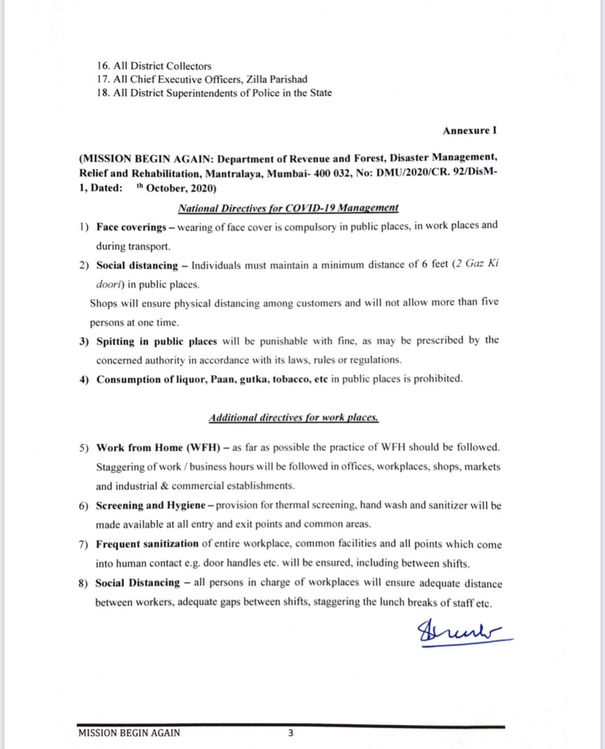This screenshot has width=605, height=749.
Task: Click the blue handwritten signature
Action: (463, 634)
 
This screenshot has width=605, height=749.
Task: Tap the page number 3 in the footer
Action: (291, 732)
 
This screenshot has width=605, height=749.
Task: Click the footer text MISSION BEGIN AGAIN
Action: (129, 733)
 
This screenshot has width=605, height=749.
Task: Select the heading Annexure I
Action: (469, 130)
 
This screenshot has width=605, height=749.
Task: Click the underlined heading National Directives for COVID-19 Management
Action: (288, 208)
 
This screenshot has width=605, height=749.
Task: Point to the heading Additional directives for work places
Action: (293, 418)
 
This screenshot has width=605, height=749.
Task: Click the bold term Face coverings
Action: (131, 227)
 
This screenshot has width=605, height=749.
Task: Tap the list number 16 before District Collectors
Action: (102, 66)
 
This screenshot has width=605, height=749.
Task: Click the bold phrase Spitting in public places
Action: (157, 342)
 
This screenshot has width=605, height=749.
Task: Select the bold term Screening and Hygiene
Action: (150, 506)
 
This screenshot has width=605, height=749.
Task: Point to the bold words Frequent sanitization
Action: (147, 544)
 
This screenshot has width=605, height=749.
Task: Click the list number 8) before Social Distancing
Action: (83, 583)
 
